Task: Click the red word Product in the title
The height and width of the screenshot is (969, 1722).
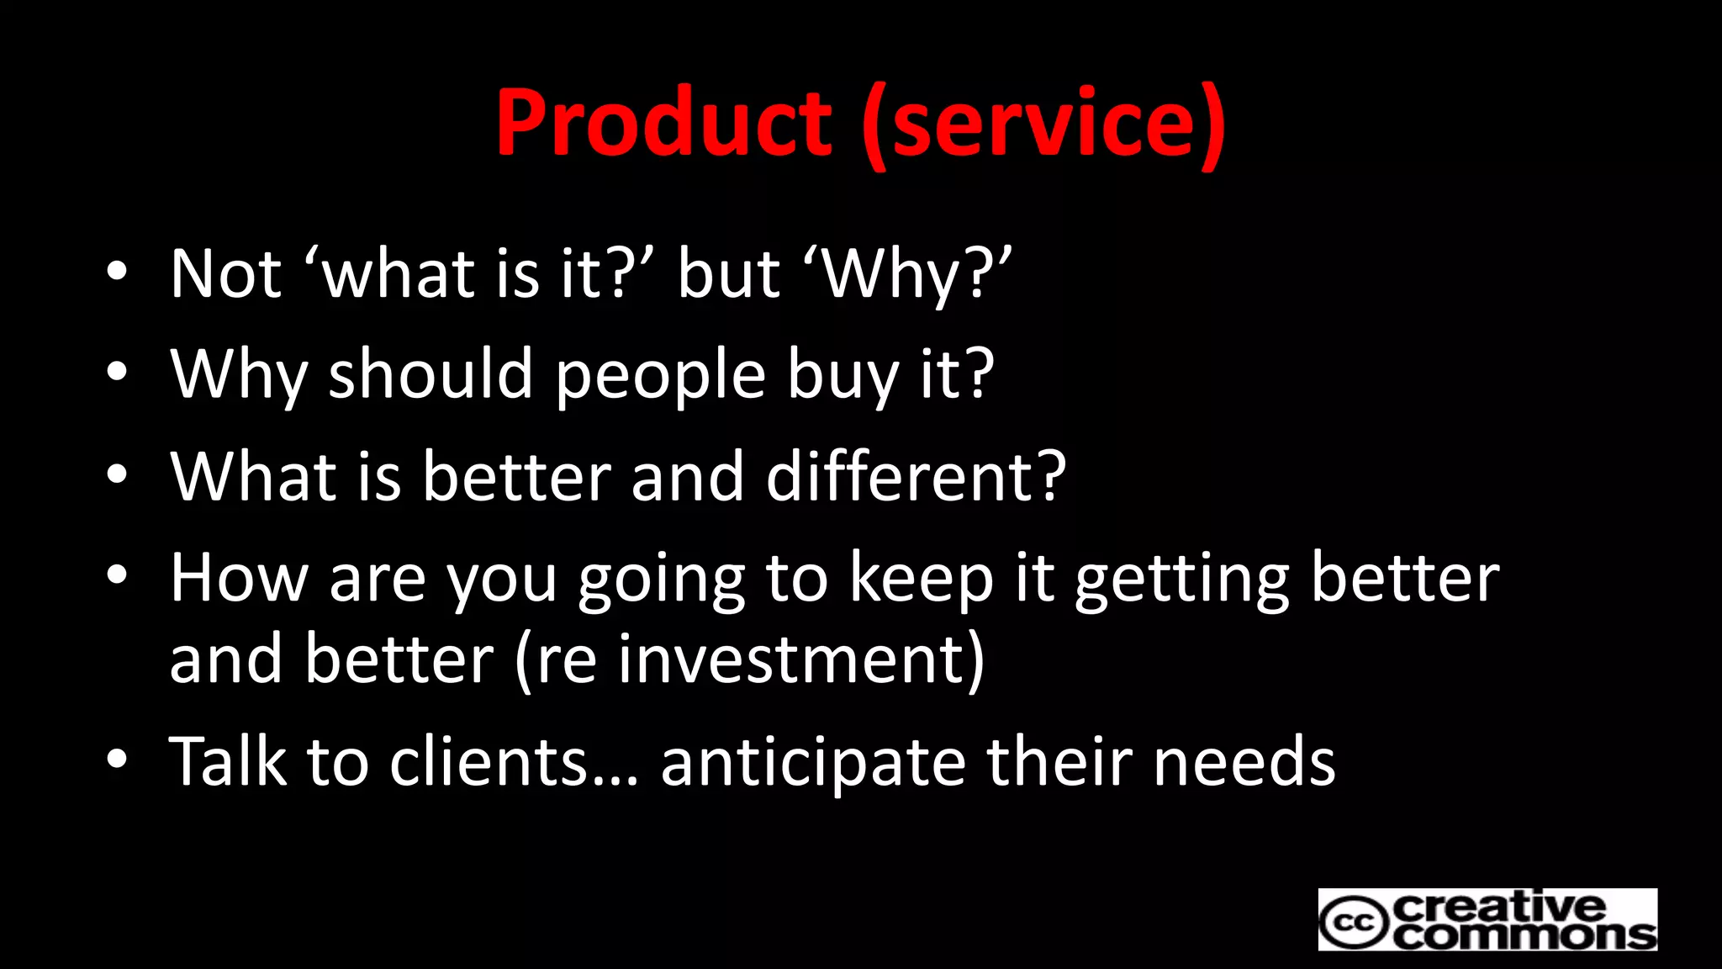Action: [x=663, y=123]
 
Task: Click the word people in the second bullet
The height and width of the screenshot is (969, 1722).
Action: [x=660, y=375]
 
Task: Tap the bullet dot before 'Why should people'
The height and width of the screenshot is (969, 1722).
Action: [x=117, y=371]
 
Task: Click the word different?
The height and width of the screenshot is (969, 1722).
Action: [x=916, y=476]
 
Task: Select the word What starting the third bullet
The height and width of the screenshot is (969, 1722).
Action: [x=253, y=476]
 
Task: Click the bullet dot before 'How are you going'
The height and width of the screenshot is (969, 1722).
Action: [x=117, y=575]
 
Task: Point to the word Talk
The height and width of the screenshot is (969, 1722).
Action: [x=228, y=761]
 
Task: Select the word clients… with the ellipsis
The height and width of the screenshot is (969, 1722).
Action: [x=514, y=761]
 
